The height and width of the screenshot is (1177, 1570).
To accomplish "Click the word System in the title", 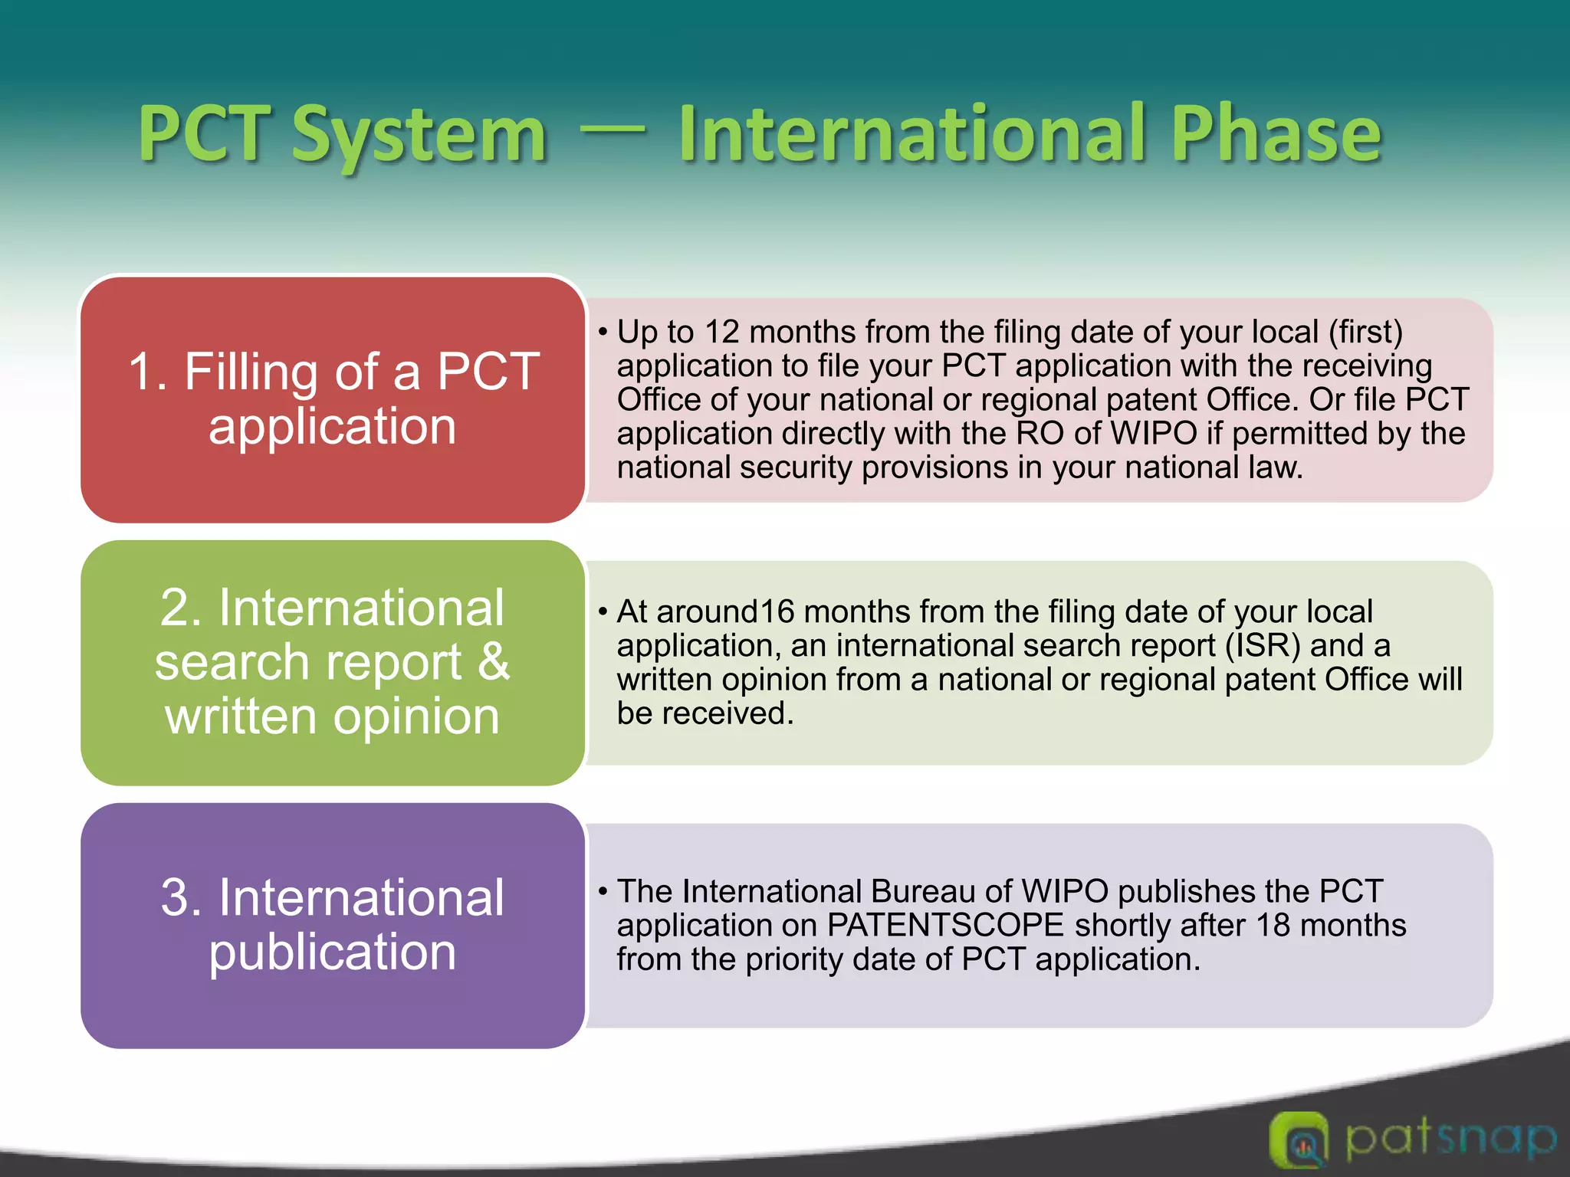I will tap(419, 136).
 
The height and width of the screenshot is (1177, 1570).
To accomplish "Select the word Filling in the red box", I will tap(250, 372).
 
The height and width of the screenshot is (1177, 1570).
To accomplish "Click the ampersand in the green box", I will tap(494, 661).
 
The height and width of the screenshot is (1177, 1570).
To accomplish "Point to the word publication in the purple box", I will tap(333, 952).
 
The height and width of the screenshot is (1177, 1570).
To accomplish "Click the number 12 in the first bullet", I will tap(721, 332).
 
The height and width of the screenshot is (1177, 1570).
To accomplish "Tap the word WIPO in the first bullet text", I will tap(1154, 434).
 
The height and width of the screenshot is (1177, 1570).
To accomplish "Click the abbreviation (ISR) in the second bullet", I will tap(1262, 646).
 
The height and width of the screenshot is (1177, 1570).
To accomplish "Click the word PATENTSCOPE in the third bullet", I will tap(946, 926).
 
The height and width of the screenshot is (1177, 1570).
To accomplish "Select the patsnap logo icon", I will tap(1298, 1140).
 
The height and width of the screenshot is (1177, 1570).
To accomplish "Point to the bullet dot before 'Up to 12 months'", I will tap(603, 333).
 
